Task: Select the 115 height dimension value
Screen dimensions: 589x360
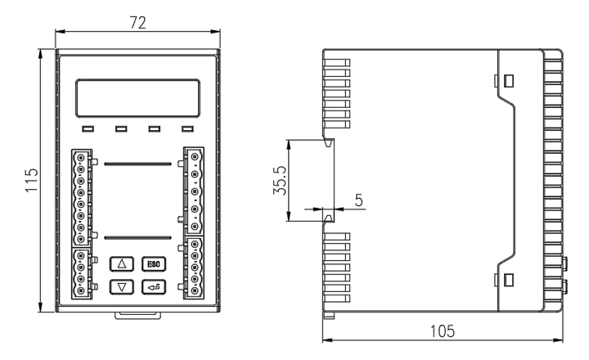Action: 31,180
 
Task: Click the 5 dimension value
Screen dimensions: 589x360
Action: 357,199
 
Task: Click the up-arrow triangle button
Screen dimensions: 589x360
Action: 122,263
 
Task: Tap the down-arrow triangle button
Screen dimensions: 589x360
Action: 122,286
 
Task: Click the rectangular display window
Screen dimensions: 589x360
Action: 138,97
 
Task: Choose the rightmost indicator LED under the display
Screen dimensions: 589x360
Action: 187,129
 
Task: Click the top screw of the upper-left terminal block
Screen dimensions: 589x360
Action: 80,156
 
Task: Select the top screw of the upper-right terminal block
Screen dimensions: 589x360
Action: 196,156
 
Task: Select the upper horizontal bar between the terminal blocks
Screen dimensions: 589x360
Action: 138,163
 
